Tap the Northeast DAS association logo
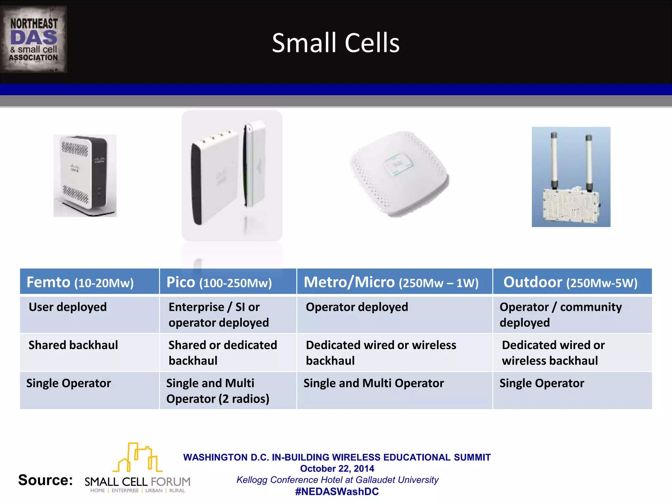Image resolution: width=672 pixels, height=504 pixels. click(x=34, y=39)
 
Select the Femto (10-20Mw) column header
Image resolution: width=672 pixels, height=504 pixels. click(x=80, y=282)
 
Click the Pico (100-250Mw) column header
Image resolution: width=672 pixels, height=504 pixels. click(x=219, y=282)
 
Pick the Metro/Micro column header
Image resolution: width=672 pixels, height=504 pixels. click(x=391, y=282)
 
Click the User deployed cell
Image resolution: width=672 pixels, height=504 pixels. click(x=68, y=307)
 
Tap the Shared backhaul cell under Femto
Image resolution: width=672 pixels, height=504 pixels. click(x=73, y=345)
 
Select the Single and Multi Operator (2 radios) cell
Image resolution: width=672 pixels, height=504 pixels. click(x=218, y=391)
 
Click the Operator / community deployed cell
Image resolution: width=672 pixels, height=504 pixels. click(x=560, y=315)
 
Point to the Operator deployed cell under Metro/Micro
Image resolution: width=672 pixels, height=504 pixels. click(x=357, y=307)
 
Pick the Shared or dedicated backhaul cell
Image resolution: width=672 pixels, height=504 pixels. click(x=222, y=353)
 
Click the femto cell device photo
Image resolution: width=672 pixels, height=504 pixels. click(x=85, y=176)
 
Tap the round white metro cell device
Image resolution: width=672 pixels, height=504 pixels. click(x=399, y=173)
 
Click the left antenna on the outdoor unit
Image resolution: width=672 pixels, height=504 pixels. click(x=554, y=161)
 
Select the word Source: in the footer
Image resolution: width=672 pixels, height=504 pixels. click(x=45, y=480)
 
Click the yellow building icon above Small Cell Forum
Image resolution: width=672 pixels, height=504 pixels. click(x=138, y=457)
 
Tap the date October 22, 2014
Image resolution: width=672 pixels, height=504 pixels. click(x=337, y=469)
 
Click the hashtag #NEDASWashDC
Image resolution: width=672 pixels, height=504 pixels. click(x=337, y=492)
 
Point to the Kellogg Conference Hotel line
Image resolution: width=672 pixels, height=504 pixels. click(x=337, y=480)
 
